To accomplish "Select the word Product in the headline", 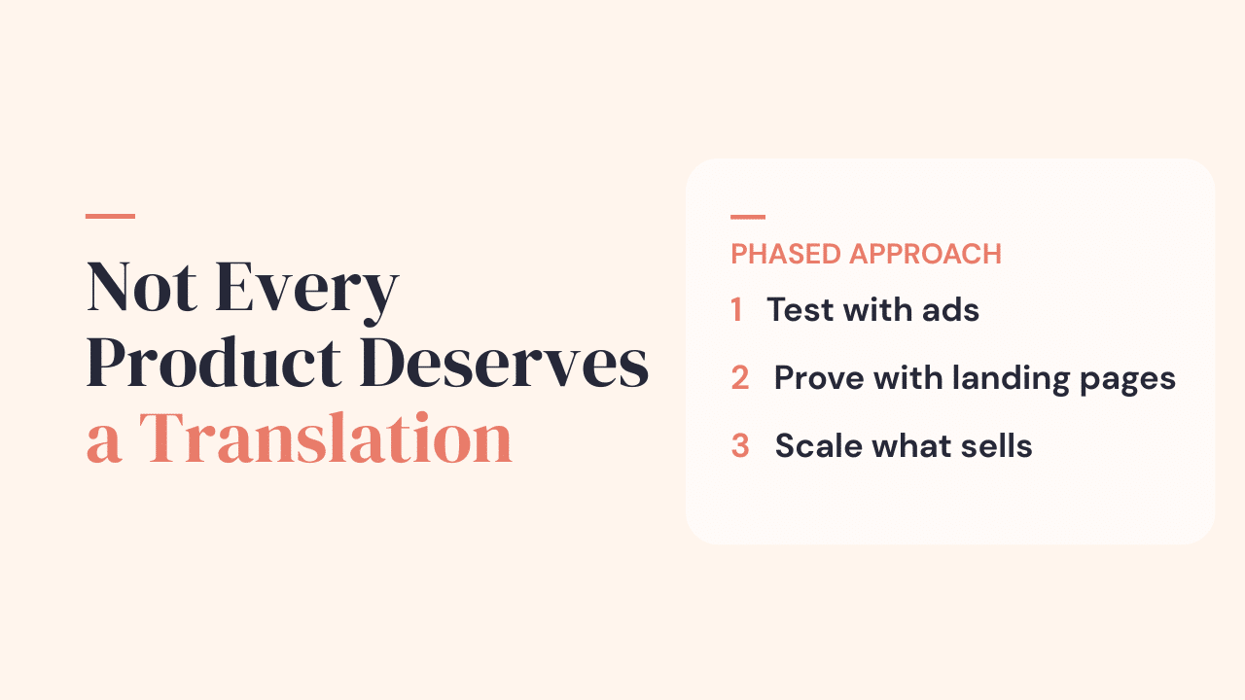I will pyautogui.click(x=214, y=365).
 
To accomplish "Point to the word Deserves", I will pyautogui.click(x=510, y=365).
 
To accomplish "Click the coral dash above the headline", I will pyautogui.click(x=110, y=216).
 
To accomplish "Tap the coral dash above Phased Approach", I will pyautogui.click(x=748, y=217).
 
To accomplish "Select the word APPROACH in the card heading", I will pyautogui.click(x=925, y=255).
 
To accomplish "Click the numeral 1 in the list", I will pyautogui.click(x=736, y=310).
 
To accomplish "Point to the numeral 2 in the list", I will pyautogui.click(x=740, y=378).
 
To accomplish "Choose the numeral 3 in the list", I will pyautogui.click(x=740, y=446).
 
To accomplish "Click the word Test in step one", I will pyautogui.click(x=800, y=310).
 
